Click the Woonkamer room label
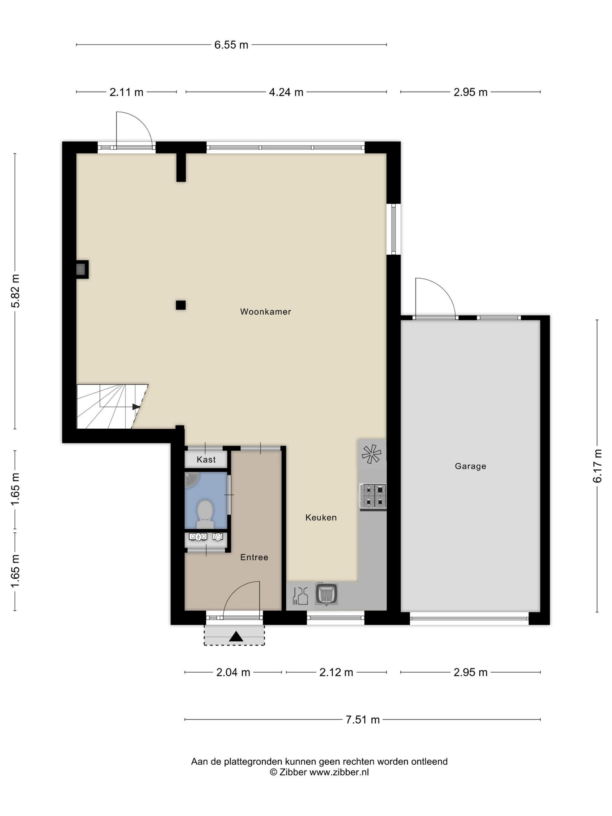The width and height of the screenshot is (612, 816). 265,312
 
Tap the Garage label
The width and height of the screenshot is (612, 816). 471,466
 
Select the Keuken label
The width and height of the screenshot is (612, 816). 321,517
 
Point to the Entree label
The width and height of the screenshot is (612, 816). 254,557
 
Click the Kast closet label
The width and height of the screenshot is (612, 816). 206,459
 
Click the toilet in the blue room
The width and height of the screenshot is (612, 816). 205,513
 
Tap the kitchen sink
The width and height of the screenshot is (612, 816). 326,594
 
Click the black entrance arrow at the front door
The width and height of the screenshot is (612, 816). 236,637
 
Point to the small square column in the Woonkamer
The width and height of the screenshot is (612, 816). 181,305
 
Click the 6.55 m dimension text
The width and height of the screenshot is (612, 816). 231,45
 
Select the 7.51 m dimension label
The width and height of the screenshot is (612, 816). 363,720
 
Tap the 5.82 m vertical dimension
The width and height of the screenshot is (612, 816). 15,291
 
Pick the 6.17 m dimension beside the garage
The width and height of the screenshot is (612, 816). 597,466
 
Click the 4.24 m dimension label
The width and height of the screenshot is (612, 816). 286,92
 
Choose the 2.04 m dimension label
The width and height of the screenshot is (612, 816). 233,673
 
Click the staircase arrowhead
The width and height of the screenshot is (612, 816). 136,407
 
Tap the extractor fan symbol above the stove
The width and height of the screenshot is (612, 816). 371,454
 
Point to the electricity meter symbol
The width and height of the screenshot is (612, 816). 198,537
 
